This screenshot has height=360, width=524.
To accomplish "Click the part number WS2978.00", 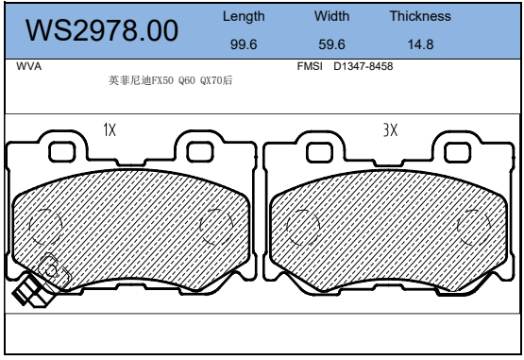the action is tap(102, 30).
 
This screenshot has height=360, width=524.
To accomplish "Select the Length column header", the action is tap(244, 16).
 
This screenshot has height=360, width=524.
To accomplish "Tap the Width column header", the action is tap(331, 16).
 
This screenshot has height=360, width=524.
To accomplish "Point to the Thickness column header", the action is tap(420, 16).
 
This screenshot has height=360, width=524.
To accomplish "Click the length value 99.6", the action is tap(244, 44).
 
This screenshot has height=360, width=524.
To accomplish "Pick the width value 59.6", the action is tap(331, 44).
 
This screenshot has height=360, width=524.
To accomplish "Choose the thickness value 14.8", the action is tap(420, 44).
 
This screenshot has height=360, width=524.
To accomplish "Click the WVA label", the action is tap(28, 66).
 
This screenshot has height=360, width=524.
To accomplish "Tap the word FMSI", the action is tap(310, 66).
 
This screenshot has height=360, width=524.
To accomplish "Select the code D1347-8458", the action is tap(363, 66).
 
